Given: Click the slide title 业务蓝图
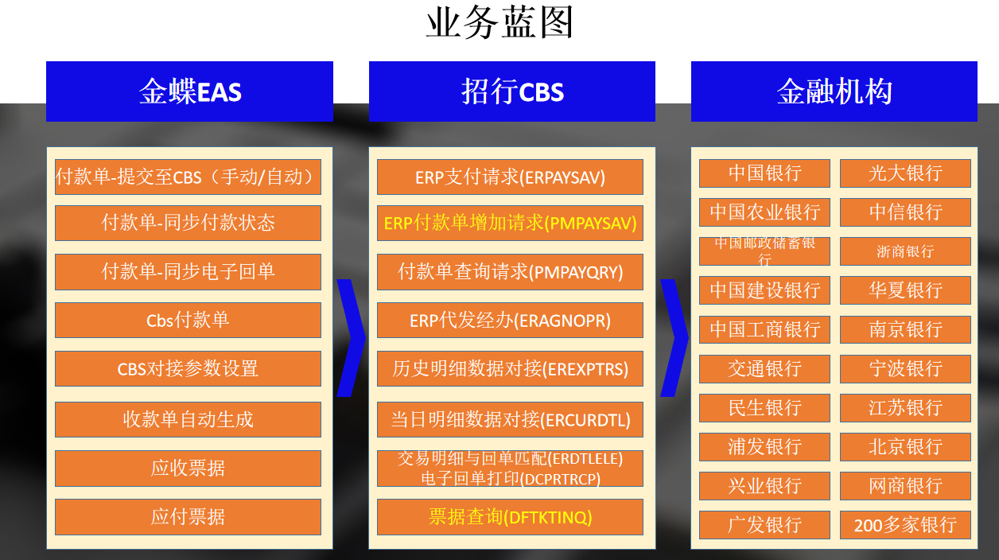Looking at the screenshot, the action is click(x=499, y=22).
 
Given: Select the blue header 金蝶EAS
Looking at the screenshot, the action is click(x=189, y=91).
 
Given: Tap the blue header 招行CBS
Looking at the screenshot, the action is click(x=512, y=91).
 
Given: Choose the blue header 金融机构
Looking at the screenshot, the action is click(x=834, y=91).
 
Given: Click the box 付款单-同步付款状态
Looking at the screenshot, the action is click(x=188, y=223).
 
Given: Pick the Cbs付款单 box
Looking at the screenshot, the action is click(x=188, y=320).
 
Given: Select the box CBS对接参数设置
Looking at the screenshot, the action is click(x=188, y=369).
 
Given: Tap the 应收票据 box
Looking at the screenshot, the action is click(x=188, y=469).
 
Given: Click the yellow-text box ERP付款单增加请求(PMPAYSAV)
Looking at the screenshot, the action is click(x=510, y=223).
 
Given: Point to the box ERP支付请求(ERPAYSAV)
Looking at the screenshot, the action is click(x=510, y=177).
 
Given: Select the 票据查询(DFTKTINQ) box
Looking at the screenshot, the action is click(x=510, y=517).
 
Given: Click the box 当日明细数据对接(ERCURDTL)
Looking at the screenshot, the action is click(x=510, y=419).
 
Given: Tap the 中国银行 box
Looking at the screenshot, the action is click(x=764, y=173).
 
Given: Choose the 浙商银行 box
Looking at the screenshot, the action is click(x=905, y=251).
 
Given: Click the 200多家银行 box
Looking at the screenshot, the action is click(x=905, y=525).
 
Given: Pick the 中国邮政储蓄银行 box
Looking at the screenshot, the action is click(x=764, y=251).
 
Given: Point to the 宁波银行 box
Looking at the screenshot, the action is click(x=905, y=369).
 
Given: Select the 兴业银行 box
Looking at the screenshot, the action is click(x=764, y=486).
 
